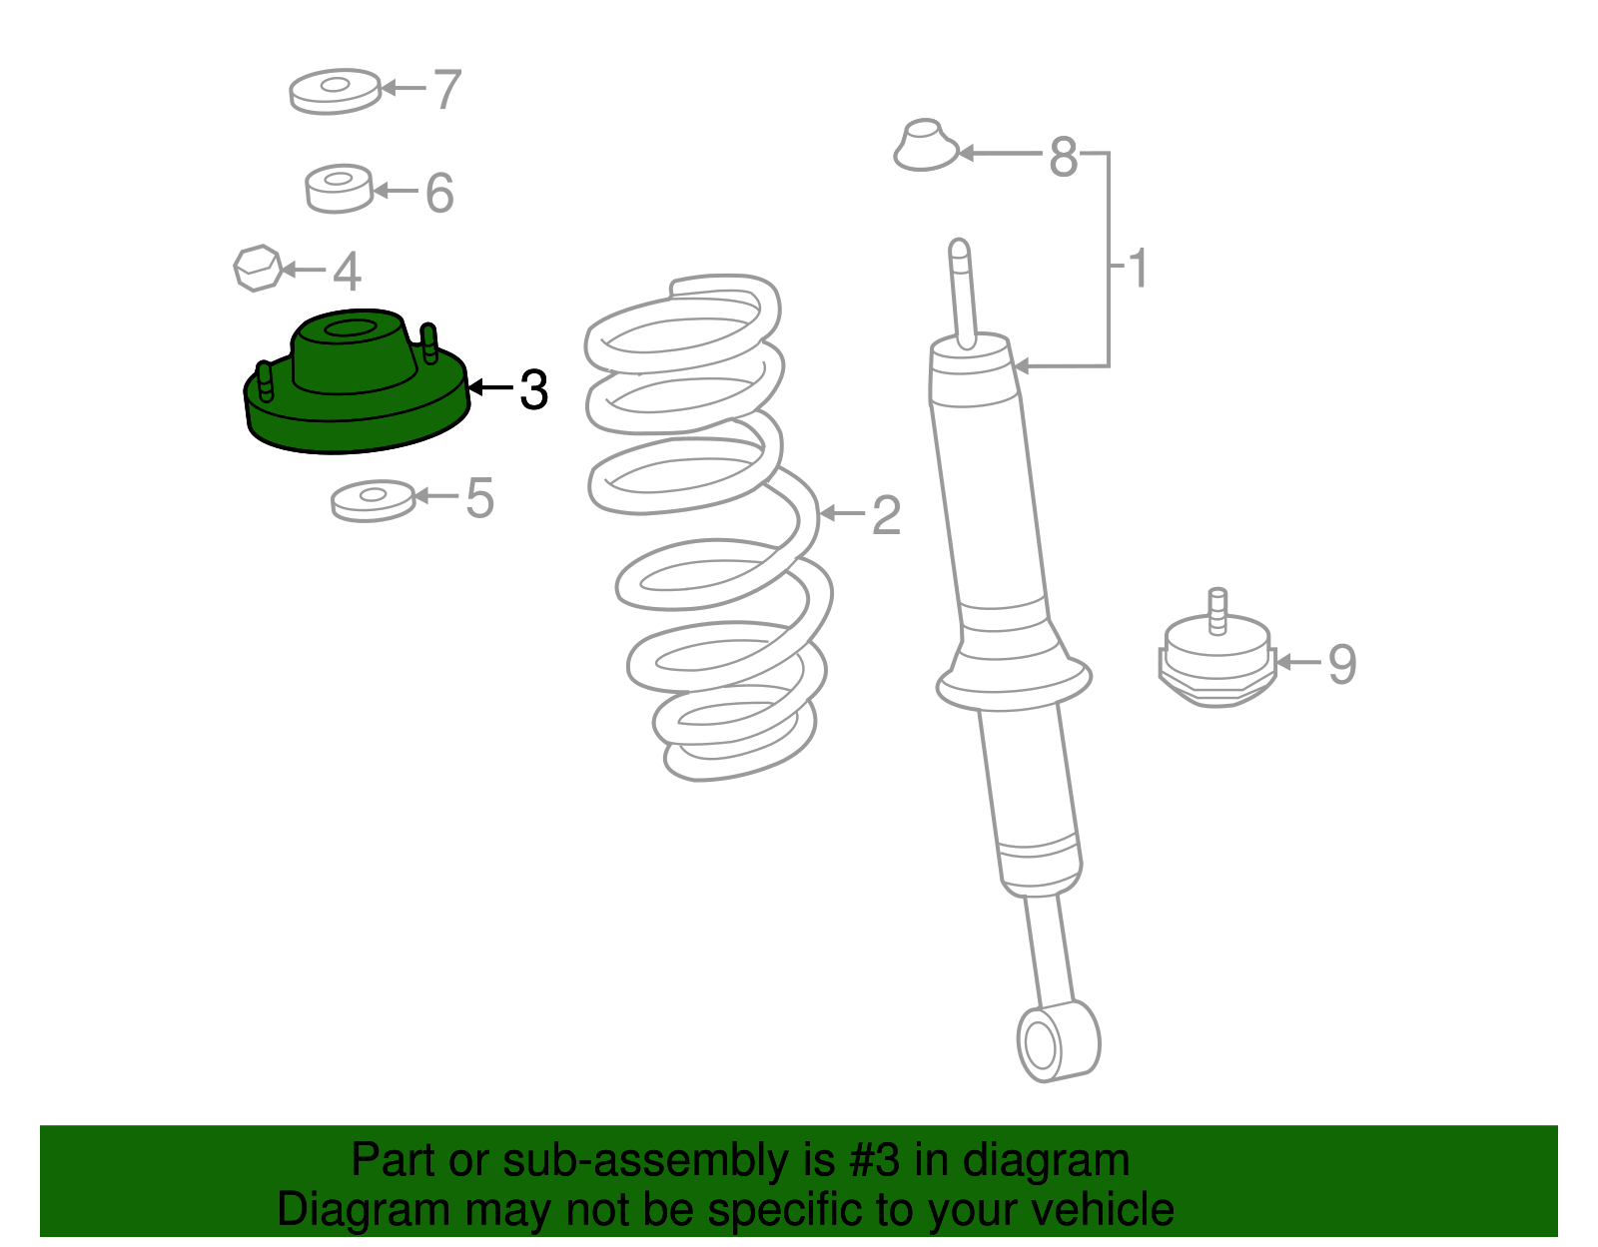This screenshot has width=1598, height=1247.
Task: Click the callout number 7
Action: pyautogui.click(x=447, y=89)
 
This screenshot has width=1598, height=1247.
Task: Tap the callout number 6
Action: pyautogui.click(x=439, y=193)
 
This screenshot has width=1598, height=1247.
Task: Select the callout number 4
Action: pyautogui.click(x=348, y=271)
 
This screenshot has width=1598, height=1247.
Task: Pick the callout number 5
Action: pyautogui.click(x=480, y=497)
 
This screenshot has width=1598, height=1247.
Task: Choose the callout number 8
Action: pyautogui.click(x=1064, y=157)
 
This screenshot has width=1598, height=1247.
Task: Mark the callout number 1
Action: pyautogui.click(x=1138, y=268)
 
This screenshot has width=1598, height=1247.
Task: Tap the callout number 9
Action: pyautogui.click(x=1342, y=664)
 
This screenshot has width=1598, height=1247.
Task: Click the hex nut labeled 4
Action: pyautogui.click(x=258, y=269)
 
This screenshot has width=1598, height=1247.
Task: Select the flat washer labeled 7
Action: pyautogui.click(x=336, y=92)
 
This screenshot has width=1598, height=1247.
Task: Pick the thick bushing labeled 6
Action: pyautogui.click(x=339, y=189)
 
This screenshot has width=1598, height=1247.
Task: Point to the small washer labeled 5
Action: pyautogui.click(x=373, y=501)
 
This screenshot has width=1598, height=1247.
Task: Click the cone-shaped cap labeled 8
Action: pyautogui.click(x=925, y=145)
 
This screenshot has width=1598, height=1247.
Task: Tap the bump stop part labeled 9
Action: pyautogui.click(x=1217, y=658)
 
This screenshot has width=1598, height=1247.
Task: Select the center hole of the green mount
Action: pyautogui.click(x=351, y=328)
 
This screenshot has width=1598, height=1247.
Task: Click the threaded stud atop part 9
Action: pyautogui.click(x=1217, y=611)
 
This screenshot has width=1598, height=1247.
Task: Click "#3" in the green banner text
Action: pyautogui.click(x=874, y=1159)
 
